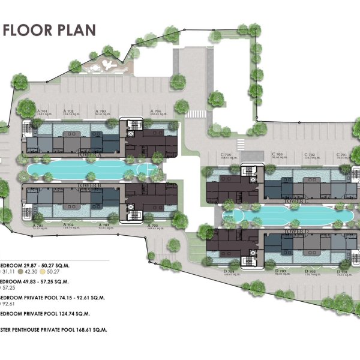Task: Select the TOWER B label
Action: (x=90, y=186)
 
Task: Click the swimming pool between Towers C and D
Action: (x=282, y=214)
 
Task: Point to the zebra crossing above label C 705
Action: (x=240, y=143)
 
